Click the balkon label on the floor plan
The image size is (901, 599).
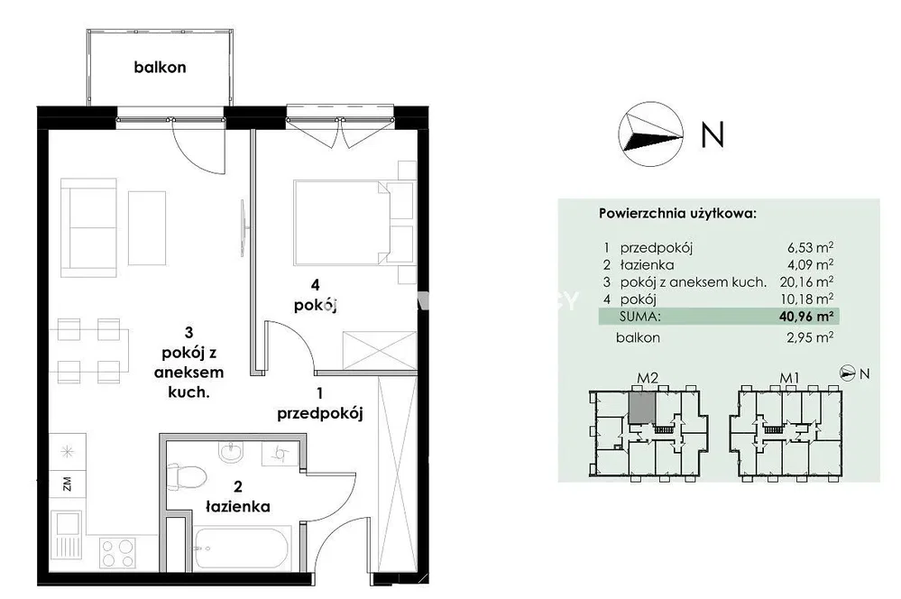[160, 68]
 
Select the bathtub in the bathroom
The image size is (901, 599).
[242, 547]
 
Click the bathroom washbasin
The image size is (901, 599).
[232, 452]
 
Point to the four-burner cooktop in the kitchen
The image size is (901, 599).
[118, 552]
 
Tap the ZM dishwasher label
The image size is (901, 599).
[68, 484]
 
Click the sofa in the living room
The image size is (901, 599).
[89, 227]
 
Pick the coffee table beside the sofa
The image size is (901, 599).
[147, 227]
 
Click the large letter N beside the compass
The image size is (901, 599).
[713, 134]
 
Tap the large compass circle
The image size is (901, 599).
[650, 134]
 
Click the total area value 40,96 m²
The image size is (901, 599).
[806, 316]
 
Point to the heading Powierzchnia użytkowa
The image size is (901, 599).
[677, 214]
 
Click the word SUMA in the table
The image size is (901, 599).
[640, 316]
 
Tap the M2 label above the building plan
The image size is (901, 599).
[648, 378]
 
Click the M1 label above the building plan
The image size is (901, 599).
[789, 378]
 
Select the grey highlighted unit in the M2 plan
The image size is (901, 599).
[641, 405]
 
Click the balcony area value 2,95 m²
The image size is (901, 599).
[810, 337]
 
